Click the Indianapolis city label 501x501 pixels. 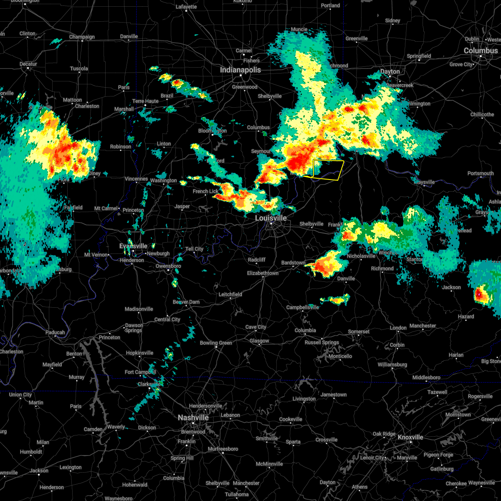click(x=240, y=70)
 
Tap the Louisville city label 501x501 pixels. click(x=271, y=218)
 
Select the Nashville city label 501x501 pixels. click(x=193, y=417)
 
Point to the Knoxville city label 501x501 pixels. click(x=410, y=437)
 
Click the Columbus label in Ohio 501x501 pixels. click(x=481, y=51)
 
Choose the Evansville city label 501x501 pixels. click(x=134, y=246)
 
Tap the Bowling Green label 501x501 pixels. click(x=215, y=343)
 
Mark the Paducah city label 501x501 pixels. click(x=55, y=332)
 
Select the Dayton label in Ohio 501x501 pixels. click(x=390, y=71)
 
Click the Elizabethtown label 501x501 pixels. click(x=263, y=273)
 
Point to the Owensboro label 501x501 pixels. click(x=168, y=266)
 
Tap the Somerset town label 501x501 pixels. click(x=359, y=331)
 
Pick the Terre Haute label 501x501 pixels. click(x=145, y=101)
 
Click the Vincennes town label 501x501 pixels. click(x=137, y=179)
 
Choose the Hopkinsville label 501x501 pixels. click(x=139, y=353)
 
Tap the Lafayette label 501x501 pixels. click(x=186, y=7)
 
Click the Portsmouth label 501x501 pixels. click(x=481, y=173)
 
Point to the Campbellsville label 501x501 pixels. click(x=302, y=307)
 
